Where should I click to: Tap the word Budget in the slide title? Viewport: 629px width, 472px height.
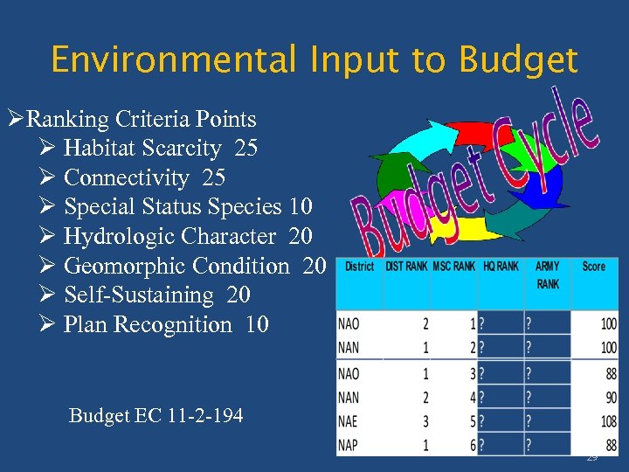click(518, 60)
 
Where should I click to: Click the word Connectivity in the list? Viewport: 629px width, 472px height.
click(126, 178)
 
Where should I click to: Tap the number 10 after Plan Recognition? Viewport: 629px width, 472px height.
click(257, 325)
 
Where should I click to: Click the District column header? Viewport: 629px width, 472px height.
click(359, 267)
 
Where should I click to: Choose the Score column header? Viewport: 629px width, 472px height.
click(594, 267)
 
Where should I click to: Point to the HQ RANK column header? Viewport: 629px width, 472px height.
click(501, 267)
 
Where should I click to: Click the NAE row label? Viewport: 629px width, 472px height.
click(349, 422)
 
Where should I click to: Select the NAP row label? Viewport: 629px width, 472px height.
click(349, 445)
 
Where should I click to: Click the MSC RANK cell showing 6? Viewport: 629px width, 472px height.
click(473, 445)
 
